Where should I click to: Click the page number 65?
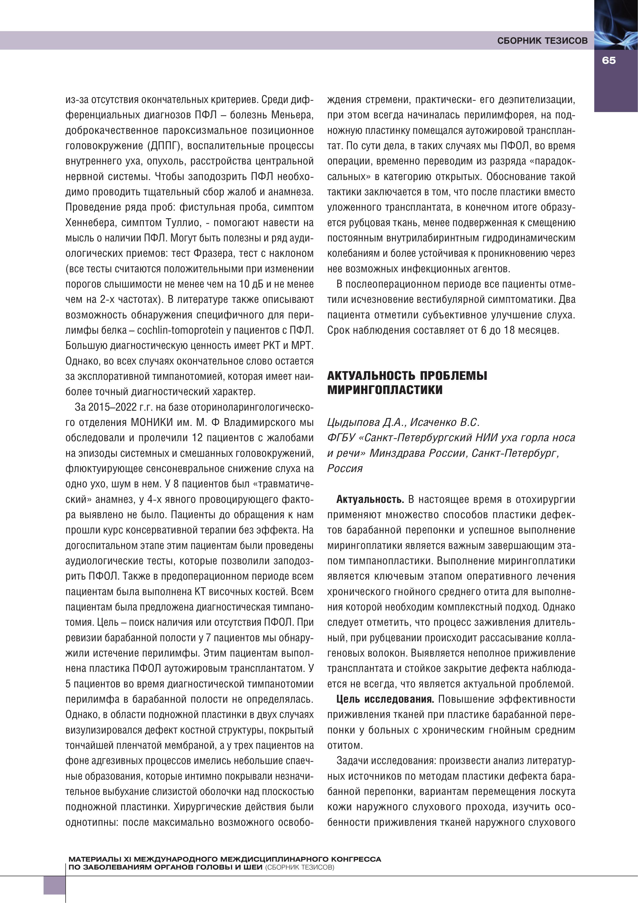pyautogui.click(x=608, y=61)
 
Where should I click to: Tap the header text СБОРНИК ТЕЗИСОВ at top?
pyautogui.click(x=542, y=41)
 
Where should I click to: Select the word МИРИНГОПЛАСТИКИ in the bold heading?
pyautogui.click(x=385, y=390)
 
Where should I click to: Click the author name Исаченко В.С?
pyautogui.click(x=445, y=423)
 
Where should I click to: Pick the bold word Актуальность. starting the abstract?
pyautogui.click(x=370, y=499)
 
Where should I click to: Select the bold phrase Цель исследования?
pyautogui.click(x=385, y=699)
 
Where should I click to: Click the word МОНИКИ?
pyautogui.click(x=152, y=423)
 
